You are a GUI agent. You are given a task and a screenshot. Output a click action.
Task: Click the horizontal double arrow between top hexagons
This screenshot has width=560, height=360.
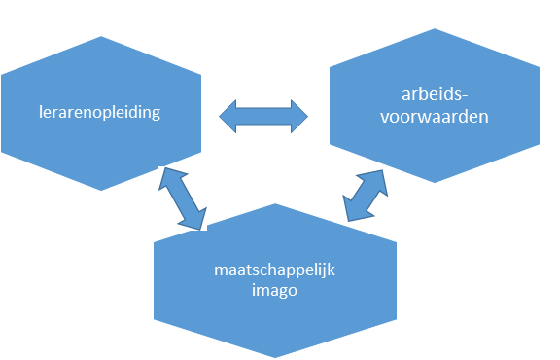pos(262,117)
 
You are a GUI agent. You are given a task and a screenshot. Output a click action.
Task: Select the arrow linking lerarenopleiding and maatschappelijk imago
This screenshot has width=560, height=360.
pos(182,198)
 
